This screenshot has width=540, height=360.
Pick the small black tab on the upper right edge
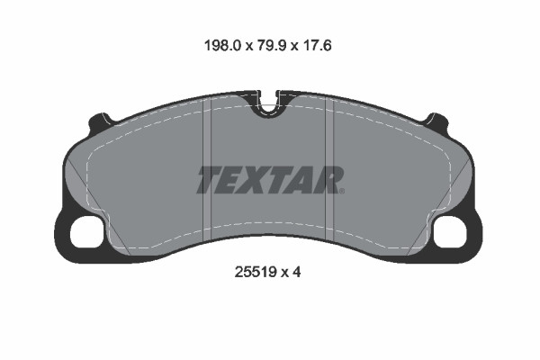(438, 119)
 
